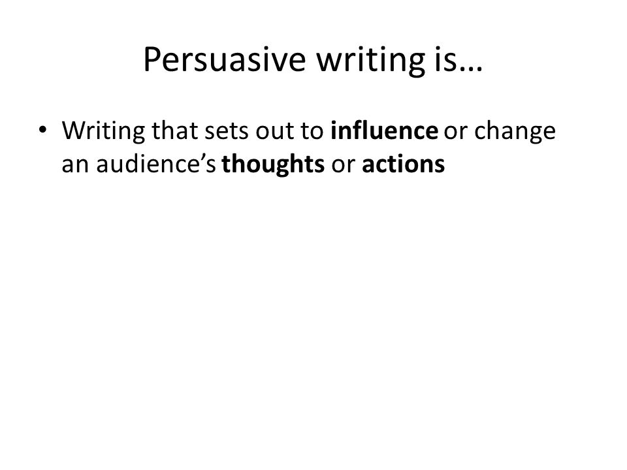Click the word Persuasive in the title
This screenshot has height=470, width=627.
tap(224, 59)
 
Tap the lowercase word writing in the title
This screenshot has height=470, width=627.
tap(371, 60)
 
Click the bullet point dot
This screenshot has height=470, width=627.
tap(42, 130)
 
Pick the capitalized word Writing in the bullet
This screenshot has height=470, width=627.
tap(104, 131)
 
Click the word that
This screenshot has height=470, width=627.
tap(175, 130)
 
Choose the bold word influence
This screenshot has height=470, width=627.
tap(384, 130)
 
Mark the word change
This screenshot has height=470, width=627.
tap(515, 131)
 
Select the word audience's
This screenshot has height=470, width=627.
tap(156, 163)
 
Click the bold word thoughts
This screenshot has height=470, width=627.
tap(273, 164)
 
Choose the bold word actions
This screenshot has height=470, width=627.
tap(403, 164)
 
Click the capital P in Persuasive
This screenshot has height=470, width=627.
tap(152, 59)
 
